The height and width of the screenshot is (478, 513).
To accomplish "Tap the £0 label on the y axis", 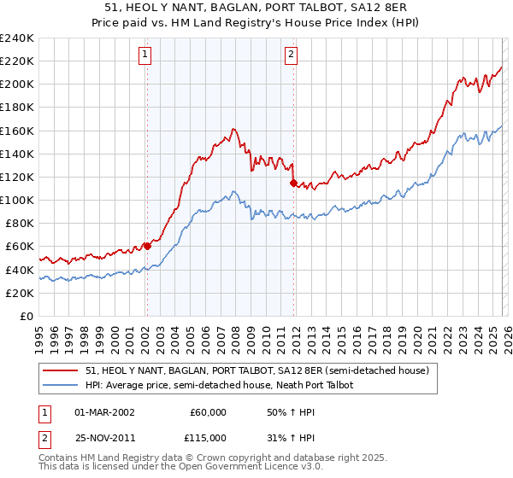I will tap(26, 316).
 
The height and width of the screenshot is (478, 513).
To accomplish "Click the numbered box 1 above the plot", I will tap(145, 55).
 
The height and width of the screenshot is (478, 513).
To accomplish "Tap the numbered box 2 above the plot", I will tap(292, 55).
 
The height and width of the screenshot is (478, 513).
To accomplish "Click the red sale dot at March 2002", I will tap(147, 246).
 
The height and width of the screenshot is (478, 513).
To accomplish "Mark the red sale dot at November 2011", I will tap(293, 183).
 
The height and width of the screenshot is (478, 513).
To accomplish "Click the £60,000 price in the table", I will tap(209, 412).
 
